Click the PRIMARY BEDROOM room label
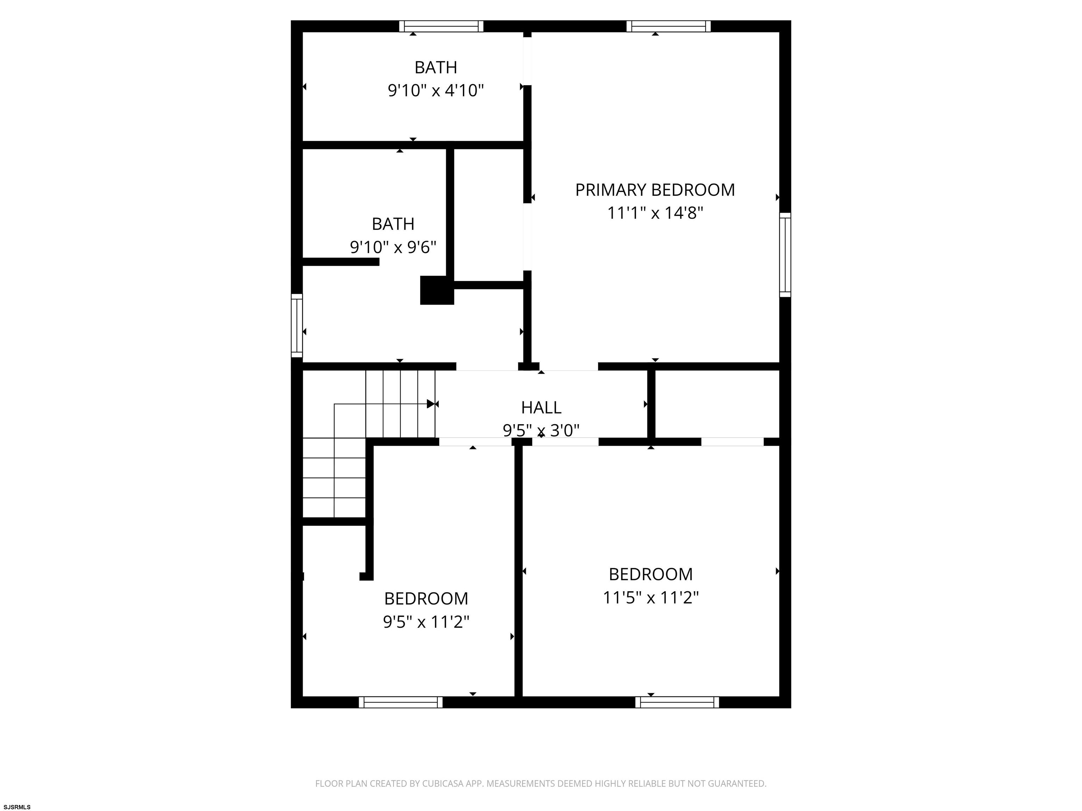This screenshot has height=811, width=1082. coord(655,190)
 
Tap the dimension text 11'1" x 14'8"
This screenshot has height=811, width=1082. coord(655,213)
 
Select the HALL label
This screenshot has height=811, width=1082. coord(541,407)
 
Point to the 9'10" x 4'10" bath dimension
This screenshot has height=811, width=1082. coord(436,90)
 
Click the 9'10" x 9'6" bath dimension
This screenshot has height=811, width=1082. coord(393,247)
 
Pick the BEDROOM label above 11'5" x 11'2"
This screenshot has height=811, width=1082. coord(651,574)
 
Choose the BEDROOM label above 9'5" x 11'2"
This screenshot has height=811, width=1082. coord(426,598)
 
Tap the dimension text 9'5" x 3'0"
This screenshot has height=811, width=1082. coord(541,430)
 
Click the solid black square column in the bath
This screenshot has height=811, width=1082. coord(437,290)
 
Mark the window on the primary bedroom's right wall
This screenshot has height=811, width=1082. coord(785,255)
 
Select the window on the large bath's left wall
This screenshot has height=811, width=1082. coord(297,326)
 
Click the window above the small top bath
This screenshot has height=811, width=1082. coord(441,26)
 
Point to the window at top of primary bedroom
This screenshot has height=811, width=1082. coord(669,26)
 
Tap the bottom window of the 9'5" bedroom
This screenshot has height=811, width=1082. coord(400,703)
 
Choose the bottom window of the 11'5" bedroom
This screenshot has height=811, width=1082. coord(677,703)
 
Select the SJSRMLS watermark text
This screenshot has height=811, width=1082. coord(17,807)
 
